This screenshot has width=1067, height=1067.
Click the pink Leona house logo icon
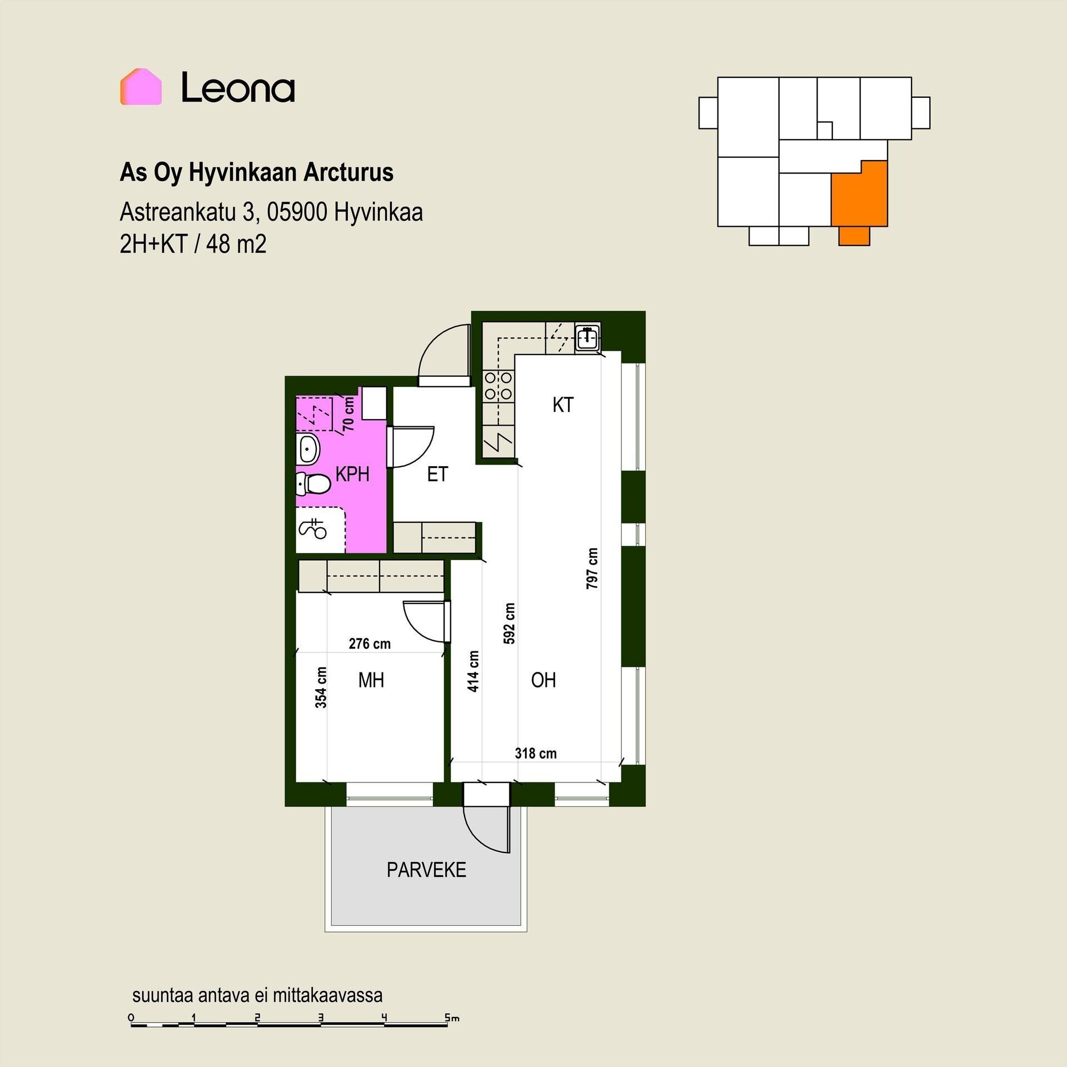tap(141, 87)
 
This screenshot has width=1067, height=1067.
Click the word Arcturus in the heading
tap(348, 172)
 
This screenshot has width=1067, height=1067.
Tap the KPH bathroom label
tap(352, 474)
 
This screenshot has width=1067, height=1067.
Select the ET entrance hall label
tap(437, 474)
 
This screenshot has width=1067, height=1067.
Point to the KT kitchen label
tap(563, 405)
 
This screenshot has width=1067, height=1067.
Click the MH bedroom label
tap(371, 680)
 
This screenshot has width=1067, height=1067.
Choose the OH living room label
tap(543, 680)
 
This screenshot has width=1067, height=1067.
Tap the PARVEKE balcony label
tap(426, 870)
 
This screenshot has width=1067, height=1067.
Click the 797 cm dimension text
tap(592, 569)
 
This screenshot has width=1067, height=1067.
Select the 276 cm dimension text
tap(370, 644)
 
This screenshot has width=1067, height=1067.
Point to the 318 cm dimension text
tap(536, 753)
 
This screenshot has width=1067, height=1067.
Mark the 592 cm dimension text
tap(509, 624)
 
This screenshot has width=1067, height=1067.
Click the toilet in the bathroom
tap(313, 484)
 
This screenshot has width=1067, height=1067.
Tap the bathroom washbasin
tap(308, 449)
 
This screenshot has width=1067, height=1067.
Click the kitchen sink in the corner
tap(587, 337)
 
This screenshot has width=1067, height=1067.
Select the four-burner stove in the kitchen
tap(498, 386)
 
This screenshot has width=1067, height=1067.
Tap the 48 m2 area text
tap(236, 243)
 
